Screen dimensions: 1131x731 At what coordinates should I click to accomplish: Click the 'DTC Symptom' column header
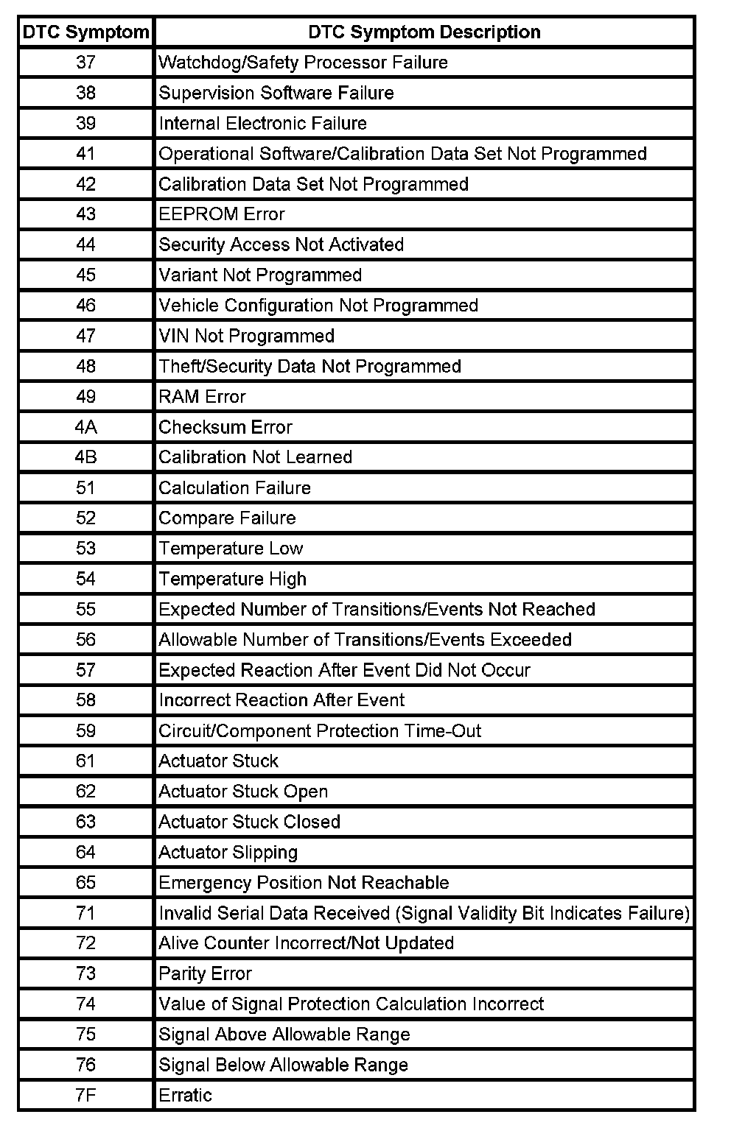pyautogui.click(x=85, y=32)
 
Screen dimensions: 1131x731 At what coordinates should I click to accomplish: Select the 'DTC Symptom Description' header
pyautogui.click(x=424, y=32)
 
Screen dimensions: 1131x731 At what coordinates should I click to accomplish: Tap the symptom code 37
pyautogui.click(x=85, y=63)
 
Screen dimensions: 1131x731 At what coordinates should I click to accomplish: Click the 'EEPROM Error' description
pyautogui.click(x=222, y=214)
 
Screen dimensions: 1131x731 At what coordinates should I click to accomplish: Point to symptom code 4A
pyautogui.click(x=85, y=427)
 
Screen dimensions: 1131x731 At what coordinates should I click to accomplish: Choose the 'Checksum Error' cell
pyautogui.click(x=225, y=427)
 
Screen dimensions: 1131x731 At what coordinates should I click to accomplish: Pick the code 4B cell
pyautogui.click(x=85, y=457)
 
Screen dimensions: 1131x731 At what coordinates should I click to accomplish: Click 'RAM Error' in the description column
pyautogui.click(x=203, y=397)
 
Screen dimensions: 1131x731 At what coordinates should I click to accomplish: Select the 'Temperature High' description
pyautogui.click(x=233, y=579)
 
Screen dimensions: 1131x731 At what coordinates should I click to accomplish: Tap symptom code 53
pyautogui.click(x=85, y=549)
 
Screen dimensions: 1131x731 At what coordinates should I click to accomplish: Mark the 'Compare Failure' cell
pyautogui.click(x=227, y=518)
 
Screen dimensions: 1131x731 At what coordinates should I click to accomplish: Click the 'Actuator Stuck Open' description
pyautogui.click(x=243, y=792)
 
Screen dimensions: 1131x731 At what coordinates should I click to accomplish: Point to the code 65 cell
pyautogui.click(x=85, y=883)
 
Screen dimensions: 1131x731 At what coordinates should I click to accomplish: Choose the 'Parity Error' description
pyautogui.click(x=206, y=973)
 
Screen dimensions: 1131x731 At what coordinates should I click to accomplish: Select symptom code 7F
pyautogui.click(x=85, y=1095)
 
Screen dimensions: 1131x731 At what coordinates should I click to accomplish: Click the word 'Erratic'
pyautogui.click(x=186, y=1095)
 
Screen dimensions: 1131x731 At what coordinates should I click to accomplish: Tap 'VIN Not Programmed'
pyautogui.click(x=247, y=336)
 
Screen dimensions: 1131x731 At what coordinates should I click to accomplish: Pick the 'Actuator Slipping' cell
pyautogui.click(x=228, y=852)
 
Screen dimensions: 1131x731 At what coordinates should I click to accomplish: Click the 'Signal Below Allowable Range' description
pyautogui.click(x=284, y=1065)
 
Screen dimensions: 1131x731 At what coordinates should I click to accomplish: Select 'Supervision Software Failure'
pyautogui.click(x=276, y=93)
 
